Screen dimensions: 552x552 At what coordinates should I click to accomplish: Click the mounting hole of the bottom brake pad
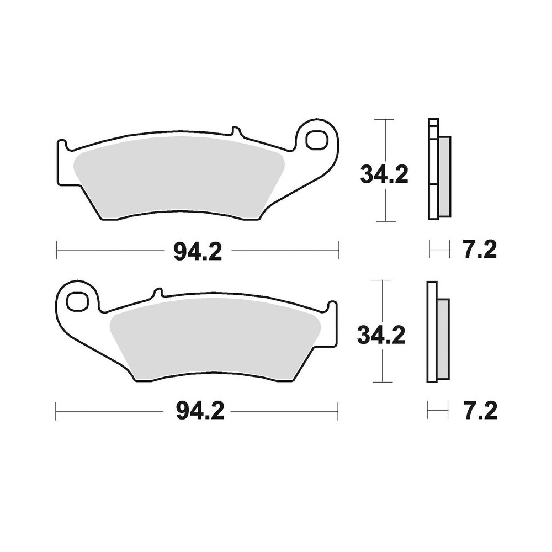pyautogui.click(x=77, y=300)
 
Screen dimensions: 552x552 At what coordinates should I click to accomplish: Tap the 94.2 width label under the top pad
pyautogui.click(x=198, y=252)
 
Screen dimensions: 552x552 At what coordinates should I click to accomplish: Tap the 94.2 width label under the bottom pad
pyautogui.click(x=200, y=411)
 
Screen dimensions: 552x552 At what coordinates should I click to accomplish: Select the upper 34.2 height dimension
pyautogui.click(x=384, y=174)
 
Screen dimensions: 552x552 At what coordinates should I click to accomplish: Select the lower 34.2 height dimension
pyautogui.click(x=381, y=335)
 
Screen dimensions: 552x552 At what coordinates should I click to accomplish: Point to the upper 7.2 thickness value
pyautogui.click(x=480, y=250)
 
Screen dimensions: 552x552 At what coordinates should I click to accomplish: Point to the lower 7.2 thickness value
pyautogui.click(x=480, y=411)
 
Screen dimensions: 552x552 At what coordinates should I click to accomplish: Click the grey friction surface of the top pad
pyautogui.click(x=179, y=177)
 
